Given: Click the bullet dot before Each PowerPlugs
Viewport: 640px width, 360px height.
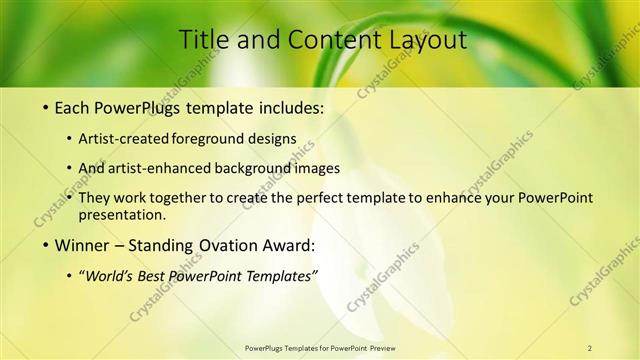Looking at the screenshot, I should (x=45, y=106).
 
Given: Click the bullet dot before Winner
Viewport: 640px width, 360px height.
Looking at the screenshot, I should (x=45, y=246).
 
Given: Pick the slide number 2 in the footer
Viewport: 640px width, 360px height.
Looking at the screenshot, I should (x=590, y=348).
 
